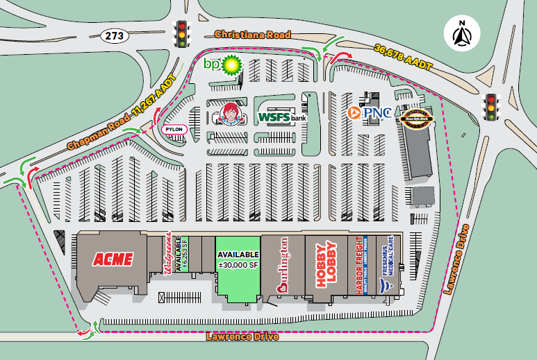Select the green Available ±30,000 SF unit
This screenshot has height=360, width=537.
coord(238,260)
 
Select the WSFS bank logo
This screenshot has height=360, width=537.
coord(281,117)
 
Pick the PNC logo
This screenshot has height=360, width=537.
coord(369,112)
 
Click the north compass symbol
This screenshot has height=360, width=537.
coord(461,33)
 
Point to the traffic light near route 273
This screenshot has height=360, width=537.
coord(182,33)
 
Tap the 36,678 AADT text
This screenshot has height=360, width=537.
coord(402,56)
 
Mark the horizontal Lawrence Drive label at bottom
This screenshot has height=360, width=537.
coord(242,337)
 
